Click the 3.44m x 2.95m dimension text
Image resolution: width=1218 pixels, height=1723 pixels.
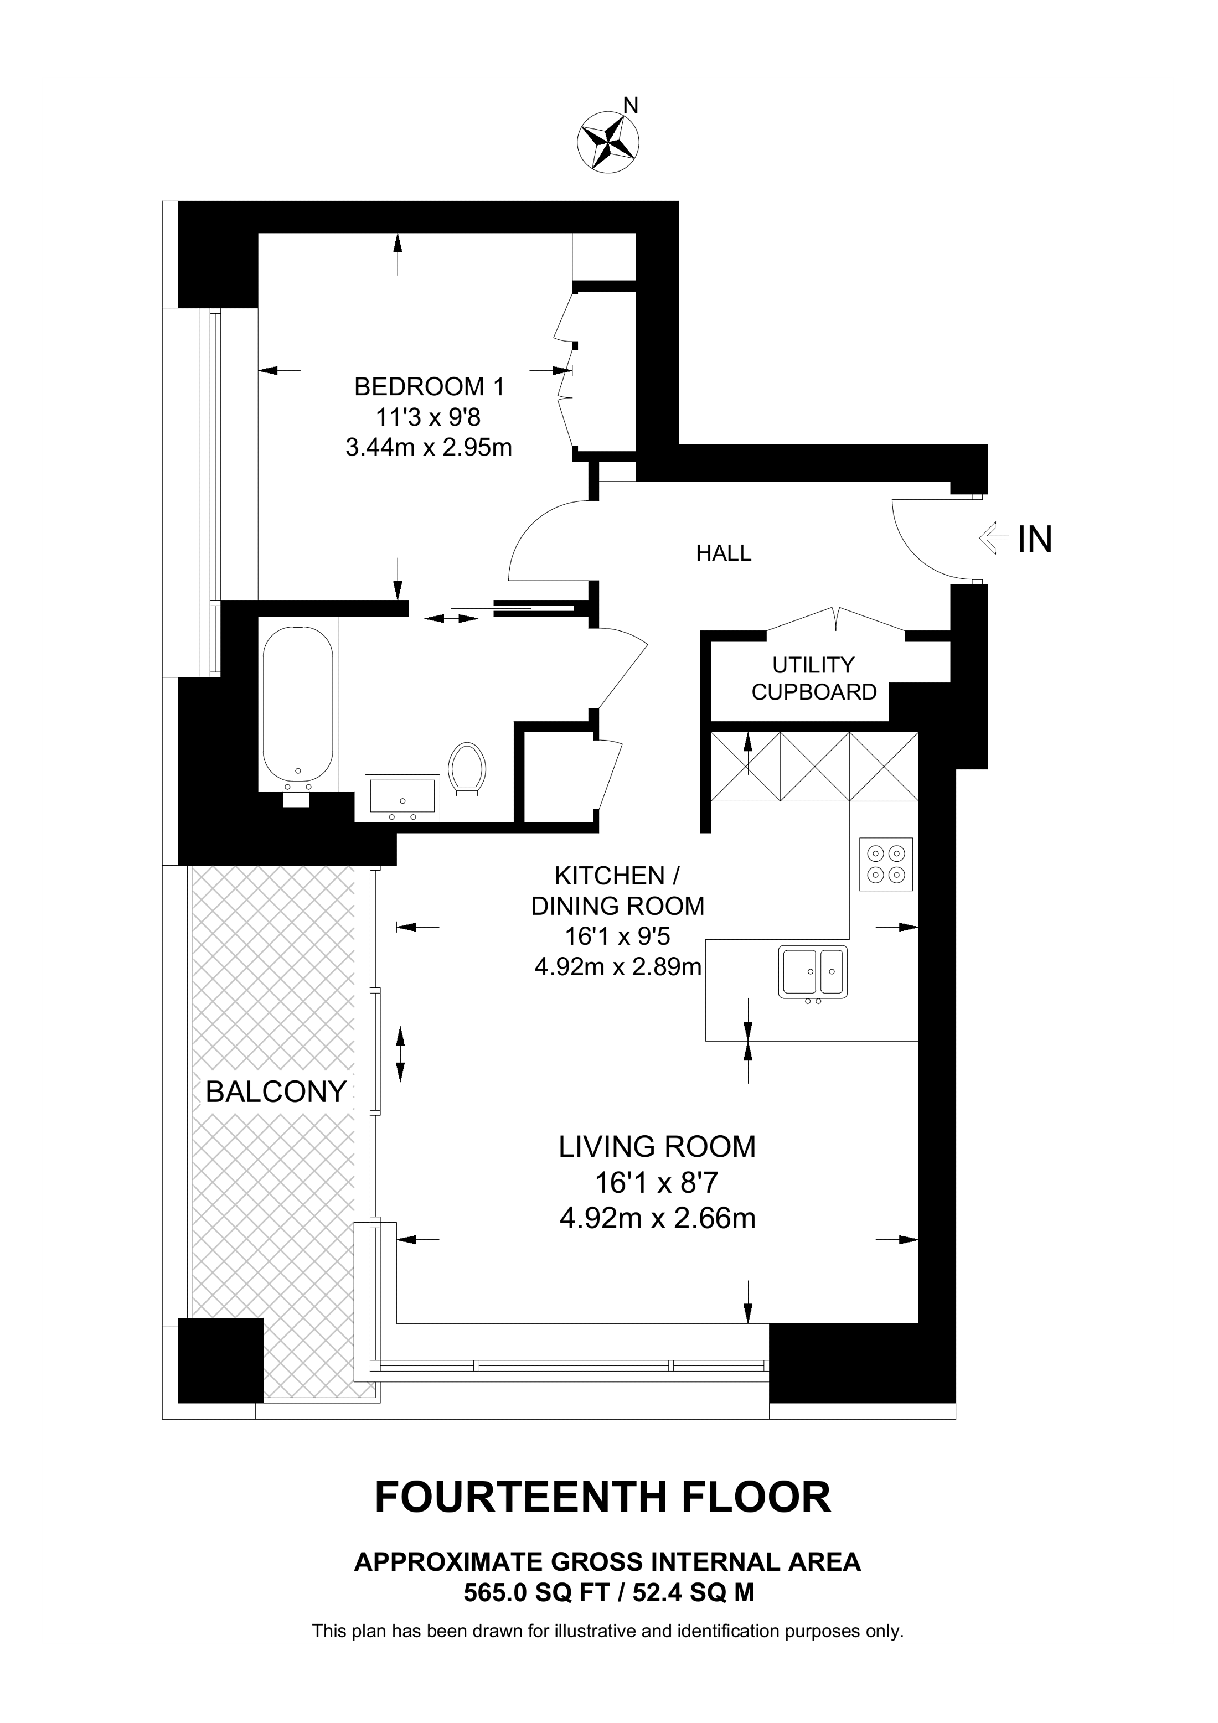point(429,447)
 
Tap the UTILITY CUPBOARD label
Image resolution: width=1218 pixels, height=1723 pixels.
point(814,679)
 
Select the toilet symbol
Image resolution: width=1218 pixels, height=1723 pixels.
point(467,768)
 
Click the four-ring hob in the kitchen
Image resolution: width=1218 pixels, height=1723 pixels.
point(886,864)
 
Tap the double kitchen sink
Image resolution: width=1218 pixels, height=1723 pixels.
point(813,972)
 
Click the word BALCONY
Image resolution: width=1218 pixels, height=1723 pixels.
point(276,1091)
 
